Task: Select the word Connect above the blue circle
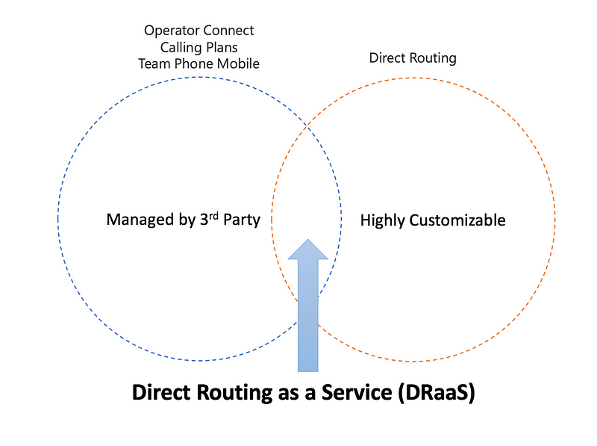click(228, 31)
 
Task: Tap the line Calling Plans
click(199, 47)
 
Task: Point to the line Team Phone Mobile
click(199, 64)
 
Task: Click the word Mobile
click(237, 64)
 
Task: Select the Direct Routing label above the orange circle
click(413, 58)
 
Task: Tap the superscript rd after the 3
click(210, 216)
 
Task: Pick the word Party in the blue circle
click(240, 220)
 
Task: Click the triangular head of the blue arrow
click(308, 250)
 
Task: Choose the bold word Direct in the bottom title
click(160, 393)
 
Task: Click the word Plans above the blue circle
click(221, 47)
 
